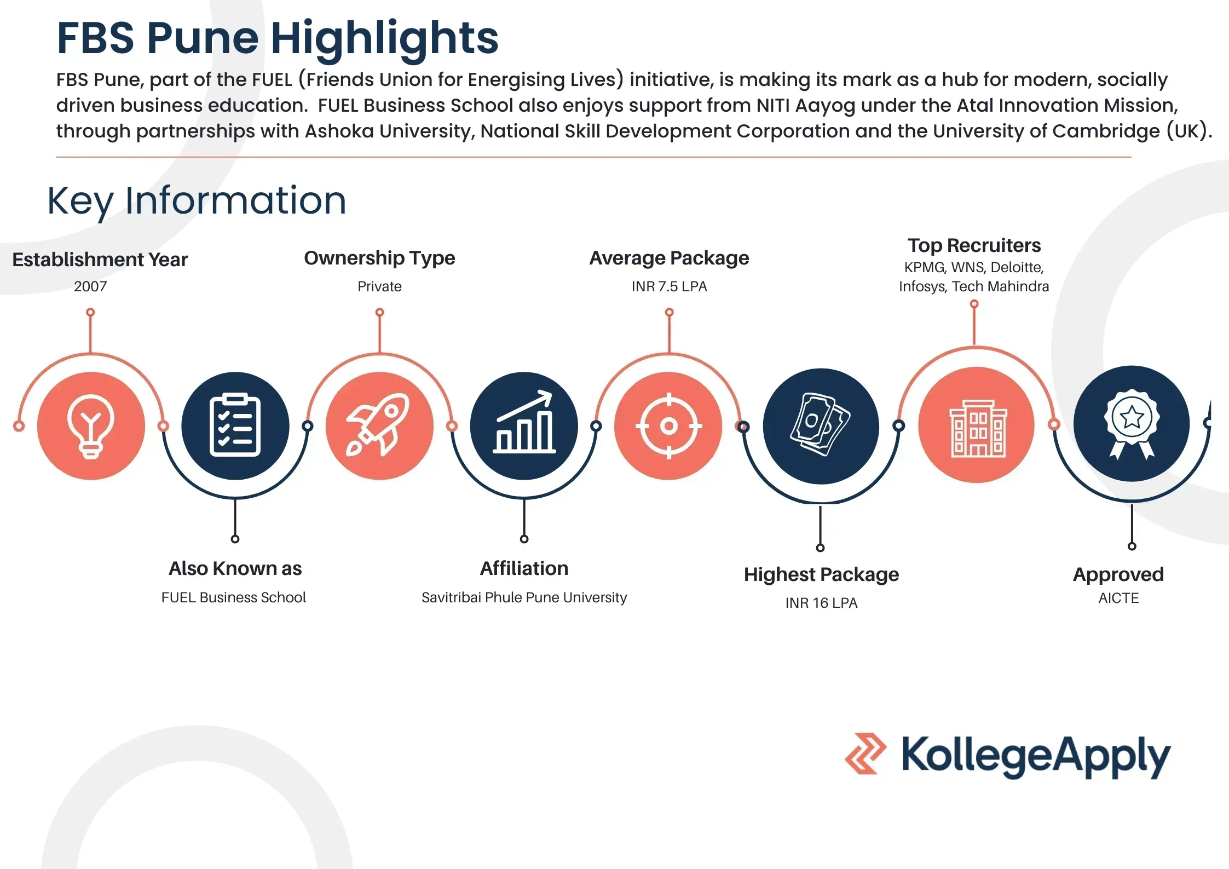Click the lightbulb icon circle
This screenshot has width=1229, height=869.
(91, 425)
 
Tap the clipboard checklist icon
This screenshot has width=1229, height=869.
(235, 425)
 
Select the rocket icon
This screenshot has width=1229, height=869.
(378, 424)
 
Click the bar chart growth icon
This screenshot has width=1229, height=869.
(524, 422)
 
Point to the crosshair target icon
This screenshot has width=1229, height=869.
(668, 425)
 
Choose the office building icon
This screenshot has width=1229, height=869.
(978, 428)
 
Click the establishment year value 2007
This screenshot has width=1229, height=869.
(90, 286)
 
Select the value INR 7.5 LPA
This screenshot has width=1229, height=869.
(669, 286)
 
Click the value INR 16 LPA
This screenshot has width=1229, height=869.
(821, 603)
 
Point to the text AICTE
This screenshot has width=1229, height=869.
(1118, 598)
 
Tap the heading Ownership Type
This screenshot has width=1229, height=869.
(379, 258)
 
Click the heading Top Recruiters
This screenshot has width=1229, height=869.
(974, 245)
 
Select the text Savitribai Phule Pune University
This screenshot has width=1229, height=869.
(524, 597)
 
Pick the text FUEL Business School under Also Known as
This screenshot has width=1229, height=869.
(234, 597)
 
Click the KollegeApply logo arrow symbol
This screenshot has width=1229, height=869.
(866, 753)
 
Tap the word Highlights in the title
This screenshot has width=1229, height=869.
(385, 39)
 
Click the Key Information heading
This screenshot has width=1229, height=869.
(197, 201)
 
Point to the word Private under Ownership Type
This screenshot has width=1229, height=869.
(379, 286)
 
